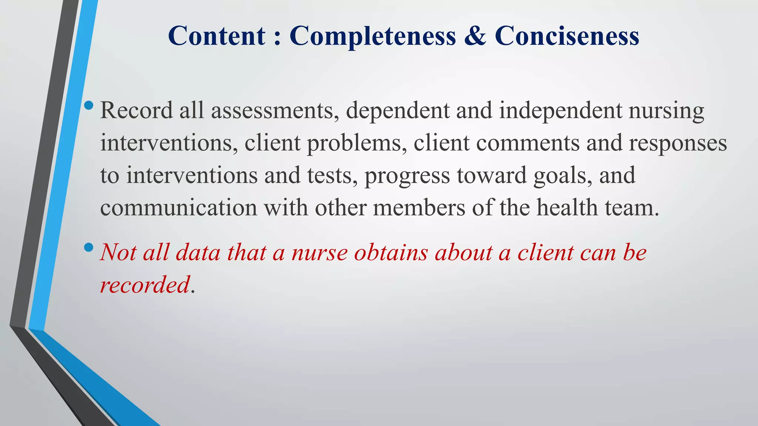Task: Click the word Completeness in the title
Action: [373, 36]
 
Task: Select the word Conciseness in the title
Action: [567, 36]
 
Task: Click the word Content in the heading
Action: [217, 36]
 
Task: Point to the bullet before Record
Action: [89, 106]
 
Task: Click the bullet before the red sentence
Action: [89, 248]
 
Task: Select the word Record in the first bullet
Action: [137, 111]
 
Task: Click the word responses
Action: [678, 143]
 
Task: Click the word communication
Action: [178, 208]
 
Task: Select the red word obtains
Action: [391, 253]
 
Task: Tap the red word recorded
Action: [145, 285]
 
